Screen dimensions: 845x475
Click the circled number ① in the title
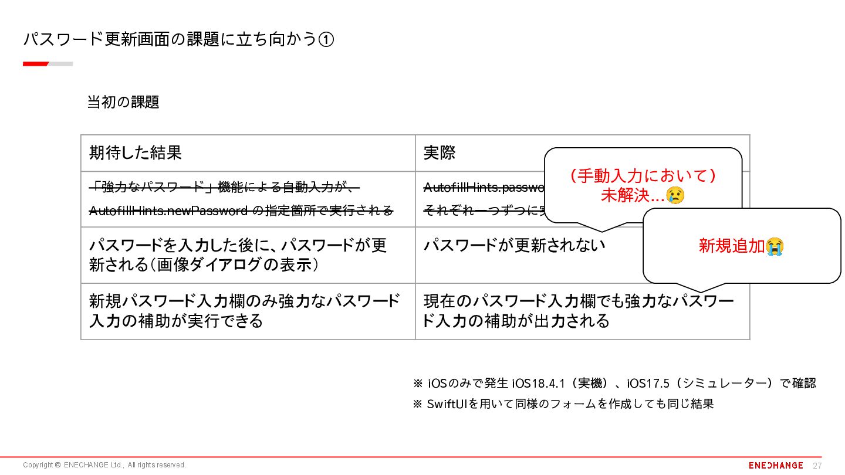coord(326,39)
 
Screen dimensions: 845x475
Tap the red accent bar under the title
coord(36,64)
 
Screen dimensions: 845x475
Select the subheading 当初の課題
coord(123,102)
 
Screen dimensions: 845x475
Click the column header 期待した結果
coord(136,153)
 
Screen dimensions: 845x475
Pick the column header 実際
coord(440,153)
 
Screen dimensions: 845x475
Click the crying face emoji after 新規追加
coord(775,246)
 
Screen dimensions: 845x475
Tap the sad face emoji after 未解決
coord(675,195)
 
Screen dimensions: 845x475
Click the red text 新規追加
coord(732,246)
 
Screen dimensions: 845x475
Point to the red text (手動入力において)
coord(643,176)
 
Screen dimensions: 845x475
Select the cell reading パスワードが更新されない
coord(514,245)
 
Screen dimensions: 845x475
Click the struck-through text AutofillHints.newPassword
coord(168,211)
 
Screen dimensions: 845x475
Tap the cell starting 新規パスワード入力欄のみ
coord(244,311)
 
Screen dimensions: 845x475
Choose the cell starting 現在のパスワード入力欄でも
coord(579,311)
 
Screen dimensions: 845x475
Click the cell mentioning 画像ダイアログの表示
coord(238,255)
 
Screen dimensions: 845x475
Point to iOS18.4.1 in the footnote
coord(539,384)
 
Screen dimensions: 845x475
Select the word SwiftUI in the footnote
coord(447,404)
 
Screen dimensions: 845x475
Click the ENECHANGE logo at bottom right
coord(776,465)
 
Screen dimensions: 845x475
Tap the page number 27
coord(817,466)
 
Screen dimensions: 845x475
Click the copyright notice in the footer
coord(104,465)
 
